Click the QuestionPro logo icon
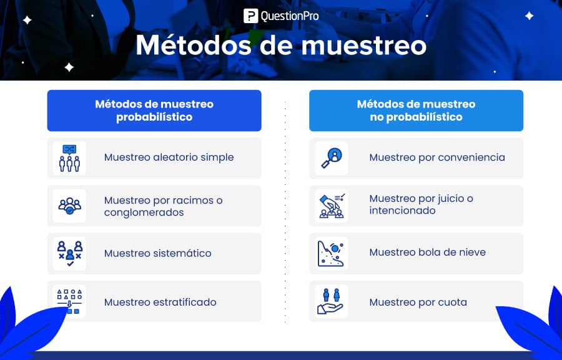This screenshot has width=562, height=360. [250, 16]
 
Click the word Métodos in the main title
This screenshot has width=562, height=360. [194, 45]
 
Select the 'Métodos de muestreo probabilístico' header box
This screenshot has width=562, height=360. [154, 111]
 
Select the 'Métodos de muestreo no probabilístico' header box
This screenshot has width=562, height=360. [416, 111]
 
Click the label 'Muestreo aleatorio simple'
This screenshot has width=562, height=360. [169, 157]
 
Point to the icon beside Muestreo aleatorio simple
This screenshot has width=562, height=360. [69, 158]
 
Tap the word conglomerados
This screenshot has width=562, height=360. [144, 212]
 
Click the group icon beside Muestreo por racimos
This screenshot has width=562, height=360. [69, 206]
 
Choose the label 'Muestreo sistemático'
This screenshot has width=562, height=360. [158, 253]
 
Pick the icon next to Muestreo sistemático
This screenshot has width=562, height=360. [70, 254]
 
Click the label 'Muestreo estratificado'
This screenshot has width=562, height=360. [160, 302]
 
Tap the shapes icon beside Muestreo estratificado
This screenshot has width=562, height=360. [69, 301]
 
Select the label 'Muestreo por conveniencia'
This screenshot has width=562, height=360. [437, 157]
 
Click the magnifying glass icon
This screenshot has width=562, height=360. [332, 158]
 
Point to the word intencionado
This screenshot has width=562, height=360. [402, 211]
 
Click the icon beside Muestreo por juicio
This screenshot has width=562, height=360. [332, 206]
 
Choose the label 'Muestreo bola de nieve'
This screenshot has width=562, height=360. [427, 252]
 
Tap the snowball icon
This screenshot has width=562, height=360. [331, 254]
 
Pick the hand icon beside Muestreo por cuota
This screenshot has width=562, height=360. [330, 301]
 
